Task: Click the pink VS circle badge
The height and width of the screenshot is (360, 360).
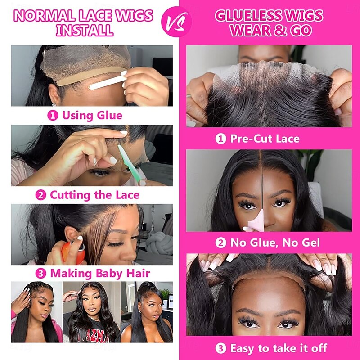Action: tap(176, 22)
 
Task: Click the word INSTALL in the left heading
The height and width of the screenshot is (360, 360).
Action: tap(85, 30)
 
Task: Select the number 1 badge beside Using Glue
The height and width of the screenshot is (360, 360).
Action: tap(53, 116)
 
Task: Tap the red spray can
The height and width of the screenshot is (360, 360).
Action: tap(73, 252)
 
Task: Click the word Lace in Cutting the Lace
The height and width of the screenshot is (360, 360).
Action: tap(127, 195)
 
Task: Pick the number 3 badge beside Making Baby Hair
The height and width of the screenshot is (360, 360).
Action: tap(40, 274)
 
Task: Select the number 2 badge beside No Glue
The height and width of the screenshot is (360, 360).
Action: tap(221, 243)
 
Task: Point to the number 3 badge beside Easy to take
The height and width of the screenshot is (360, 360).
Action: tap(221, 348)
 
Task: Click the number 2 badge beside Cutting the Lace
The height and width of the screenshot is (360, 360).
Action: tap(40, 195)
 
